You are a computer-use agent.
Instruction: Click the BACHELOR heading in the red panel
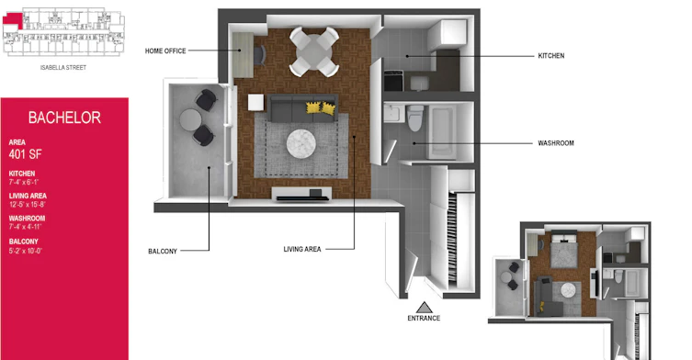point(64,118)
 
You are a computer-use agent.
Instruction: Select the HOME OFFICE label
point(165,51)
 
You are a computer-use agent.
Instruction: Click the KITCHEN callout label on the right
point(550,56)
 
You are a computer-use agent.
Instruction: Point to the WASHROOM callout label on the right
point(556,143)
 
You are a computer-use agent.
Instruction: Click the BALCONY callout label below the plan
point(163,251)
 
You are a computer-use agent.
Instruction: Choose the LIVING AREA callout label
point(301,249)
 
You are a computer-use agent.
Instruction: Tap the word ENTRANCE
point(424,318)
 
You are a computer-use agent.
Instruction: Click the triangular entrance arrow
point(425,308)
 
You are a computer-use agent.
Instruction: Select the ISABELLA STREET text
point(63,68)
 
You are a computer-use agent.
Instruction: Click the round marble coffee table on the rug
point(301,143)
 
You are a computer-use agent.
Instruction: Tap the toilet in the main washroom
point(414,118)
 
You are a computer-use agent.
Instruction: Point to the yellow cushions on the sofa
point(321,107)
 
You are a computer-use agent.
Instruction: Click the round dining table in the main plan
point(313,51)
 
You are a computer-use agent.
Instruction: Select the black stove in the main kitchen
point(393,81)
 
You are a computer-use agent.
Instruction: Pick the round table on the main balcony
point(190,120)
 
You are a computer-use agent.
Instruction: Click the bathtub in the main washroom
point(443,131)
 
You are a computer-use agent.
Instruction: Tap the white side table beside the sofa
point(256,102)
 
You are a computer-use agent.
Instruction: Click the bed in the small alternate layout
point(563,250)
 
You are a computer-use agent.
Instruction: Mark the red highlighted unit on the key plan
point(13,20)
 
